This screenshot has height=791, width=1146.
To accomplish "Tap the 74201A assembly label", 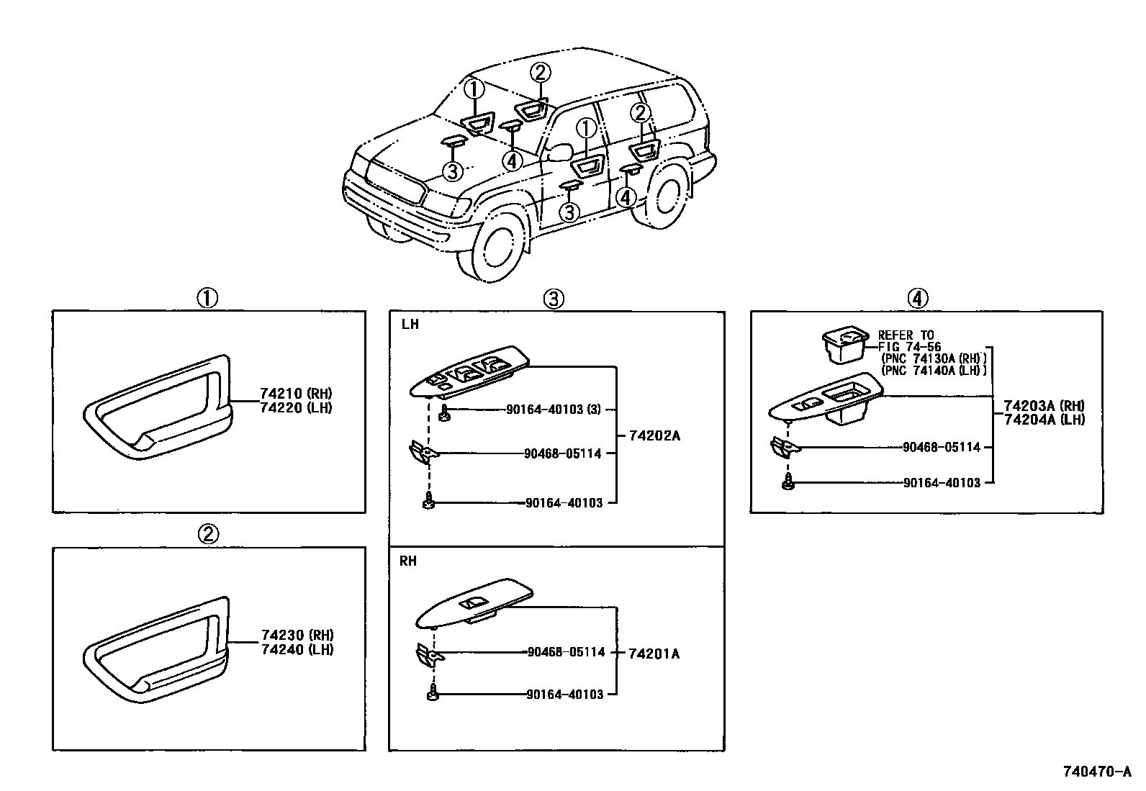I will pos(654,654).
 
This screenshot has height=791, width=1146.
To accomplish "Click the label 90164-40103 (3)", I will pos(554,409).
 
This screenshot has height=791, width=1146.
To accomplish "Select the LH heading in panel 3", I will pos(410,325).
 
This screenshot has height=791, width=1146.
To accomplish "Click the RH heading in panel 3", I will pos(408,561).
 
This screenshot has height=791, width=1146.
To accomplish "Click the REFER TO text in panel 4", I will pos(906,335).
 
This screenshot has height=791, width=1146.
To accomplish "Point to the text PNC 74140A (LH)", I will pos(933,370).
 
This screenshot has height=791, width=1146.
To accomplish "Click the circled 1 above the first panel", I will pos(207,298).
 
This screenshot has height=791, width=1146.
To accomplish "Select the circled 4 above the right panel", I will pos(916,298).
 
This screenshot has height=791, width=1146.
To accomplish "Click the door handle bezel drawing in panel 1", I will pos(155,410).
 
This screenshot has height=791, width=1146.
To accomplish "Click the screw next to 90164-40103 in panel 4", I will pos(789,484).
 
